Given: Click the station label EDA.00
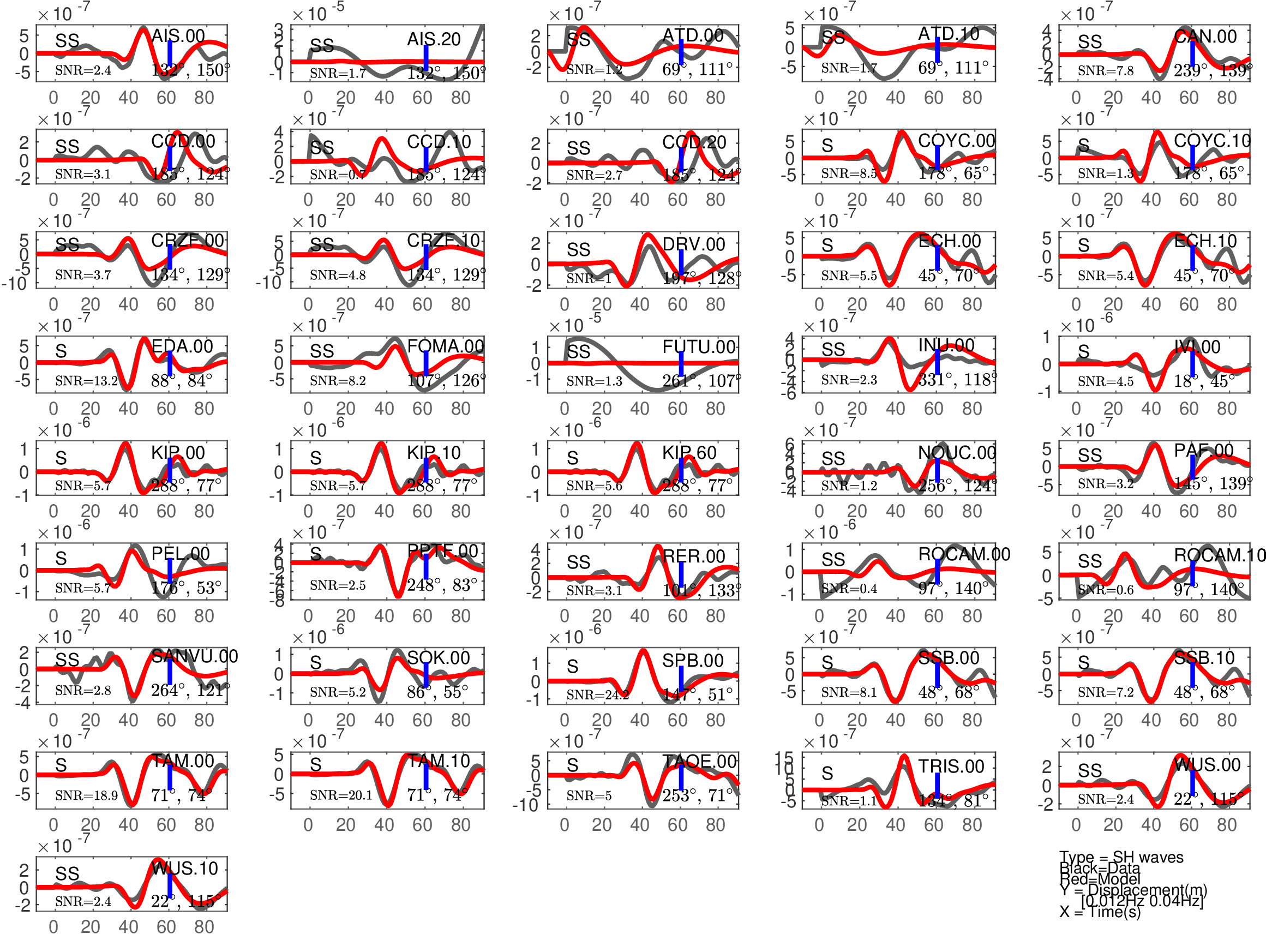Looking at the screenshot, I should (182, 346).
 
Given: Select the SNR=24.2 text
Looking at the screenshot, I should (597, 694).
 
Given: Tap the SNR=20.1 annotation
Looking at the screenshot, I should (341, 795).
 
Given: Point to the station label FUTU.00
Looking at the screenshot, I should (699, 346).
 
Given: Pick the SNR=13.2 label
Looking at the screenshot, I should (87, 380).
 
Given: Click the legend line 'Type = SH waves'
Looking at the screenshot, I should (1121, 857).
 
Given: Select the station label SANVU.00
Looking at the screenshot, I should (194, 656).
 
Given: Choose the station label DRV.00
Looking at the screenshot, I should (693, 244).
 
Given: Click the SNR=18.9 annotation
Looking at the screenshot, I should (87, 795).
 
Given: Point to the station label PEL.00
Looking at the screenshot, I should (181, 554).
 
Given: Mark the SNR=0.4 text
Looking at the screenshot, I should (849, 589).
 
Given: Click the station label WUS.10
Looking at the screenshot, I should (185, 869).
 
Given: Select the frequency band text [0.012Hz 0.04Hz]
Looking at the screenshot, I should (1142, 901).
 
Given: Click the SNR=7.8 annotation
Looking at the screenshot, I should (1106, 71).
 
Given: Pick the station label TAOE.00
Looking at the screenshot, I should (699, 762).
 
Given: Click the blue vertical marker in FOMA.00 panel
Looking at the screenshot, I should (425, 362).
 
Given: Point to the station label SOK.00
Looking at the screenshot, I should (438, 657).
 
